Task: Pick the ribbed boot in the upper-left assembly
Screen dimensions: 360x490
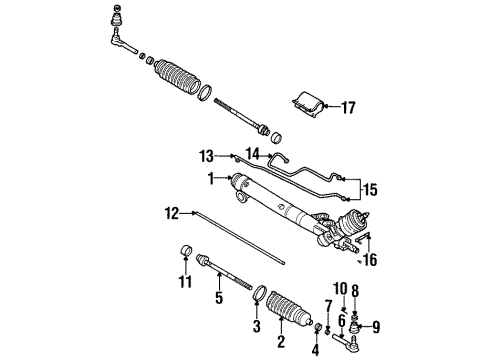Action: click(x=177, y=77)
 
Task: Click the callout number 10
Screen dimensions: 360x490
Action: click(x=340, y=289)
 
